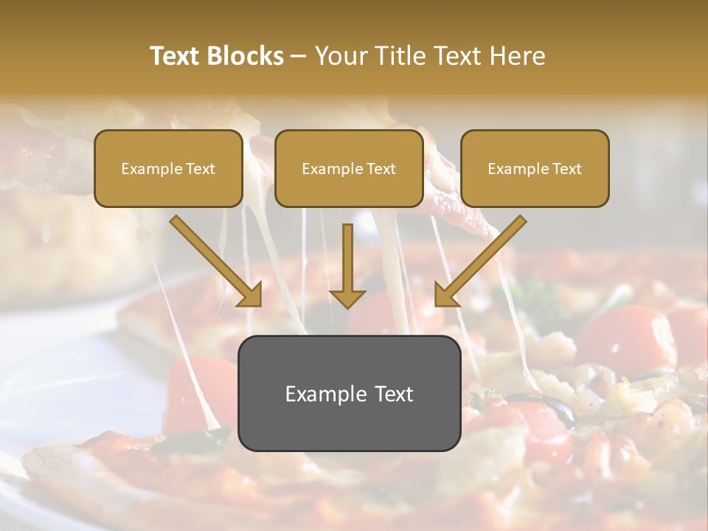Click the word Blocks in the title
coord(247,56)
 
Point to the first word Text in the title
coord(176,56)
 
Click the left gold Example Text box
coord(168,169)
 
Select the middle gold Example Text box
coord(349,169)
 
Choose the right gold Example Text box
coord(535,169)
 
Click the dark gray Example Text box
coord(349,394)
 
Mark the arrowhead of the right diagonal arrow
coord(447,294)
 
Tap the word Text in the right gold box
coord(566,169)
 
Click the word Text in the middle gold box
coord(381,169)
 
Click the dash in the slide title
coord(299,57)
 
